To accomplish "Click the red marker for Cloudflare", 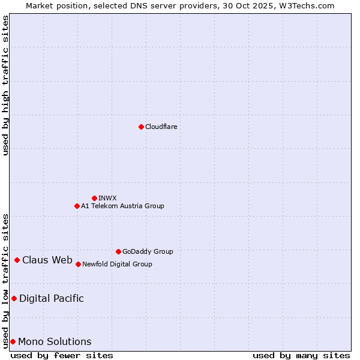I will (x=141, y=127).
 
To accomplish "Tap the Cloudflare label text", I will (x=161, y=127).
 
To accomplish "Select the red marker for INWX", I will (x=94, y=198).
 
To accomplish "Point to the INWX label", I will (x=107, y=198).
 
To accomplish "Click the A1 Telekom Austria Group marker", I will (x=77, y=206).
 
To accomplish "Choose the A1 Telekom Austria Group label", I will (x=122, y=206).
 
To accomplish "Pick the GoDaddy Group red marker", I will (x=118, y=251).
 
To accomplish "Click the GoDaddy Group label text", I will (x=148, y=251).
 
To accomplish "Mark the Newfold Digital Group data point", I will (x=78, y=264).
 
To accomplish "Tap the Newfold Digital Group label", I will (x=117, y=264).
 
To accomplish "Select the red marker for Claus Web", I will (x=17, y=260).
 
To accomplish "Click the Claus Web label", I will (x=47, y=260).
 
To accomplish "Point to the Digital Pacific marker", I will (x=14, y=298).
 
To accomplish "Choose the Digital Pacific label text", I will (x=52, y=298).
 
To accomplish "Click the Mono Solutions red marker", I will (x=13, y=341).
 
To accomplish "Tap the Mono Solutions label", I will (x=55, y=341).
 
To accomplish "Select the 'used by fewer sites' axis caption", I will (x=62, y=355).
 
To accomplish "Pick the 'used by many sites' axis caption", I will (x=301, y=355).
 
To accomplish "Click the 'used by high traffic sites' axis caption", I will (x=6, y=85).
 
